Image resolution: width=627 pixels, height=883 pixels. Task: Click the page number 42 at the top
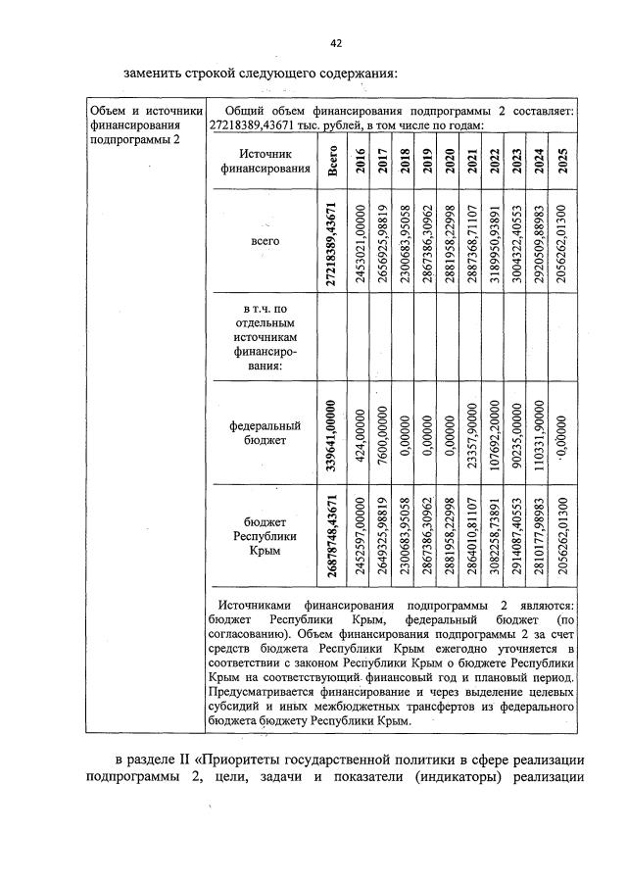click(335, 43)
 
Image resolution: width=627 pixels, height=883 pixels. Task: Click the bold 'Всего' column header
click(333, 161)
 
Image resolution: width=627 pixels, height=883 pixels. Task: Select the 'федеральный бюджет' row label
click(264, 433)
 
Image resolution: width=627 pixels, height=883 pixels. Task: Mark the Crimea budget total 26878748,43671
click(333, 539)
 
